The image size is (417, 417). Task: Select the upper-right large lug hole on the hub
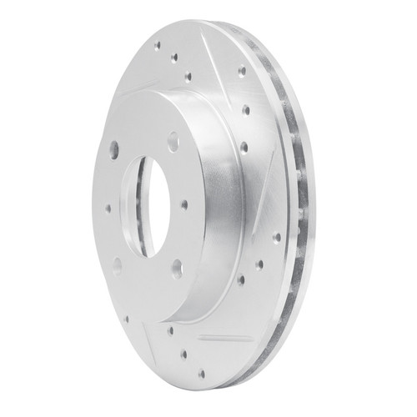pyautogui.click(x=173, y=143)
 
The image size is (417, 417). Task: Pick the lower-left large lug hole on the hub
pyautogui.click(x=117, y=264)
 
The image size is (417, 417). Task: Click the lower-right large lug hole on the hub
pyautogui.click(x=177, y=268)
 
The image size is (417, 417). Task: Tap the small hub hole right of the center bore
pyautogui.click(x=184, y=204)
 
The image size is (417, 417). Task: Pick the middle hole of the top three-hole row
pyautogui.click(x=174, y=58)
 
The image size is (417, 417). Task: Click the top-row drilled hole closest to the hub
pyautogui.click(x=188, y=76)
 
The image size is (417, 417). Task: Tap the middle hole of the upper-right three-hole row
pyautogui.click(x=246, y=109)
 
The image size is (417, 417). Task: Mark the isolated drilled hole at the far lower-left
pyautogui.click(x=127, y=318)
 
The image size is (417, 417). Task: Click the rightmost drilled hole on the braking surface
pyautogui.click(x=276, y=238)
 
